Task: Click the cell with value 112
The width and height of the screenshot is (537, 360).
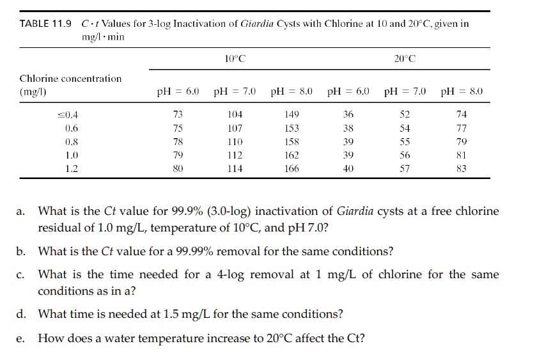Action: (x=235, y=155)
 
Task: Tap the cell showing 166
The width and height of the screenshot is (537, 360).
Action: (x=292, y=169)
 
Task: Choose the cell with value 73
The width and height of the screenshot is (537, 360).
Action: (x=178, y=115)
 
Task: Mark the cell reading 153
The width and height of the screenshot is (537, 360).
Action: (x=292, y=129)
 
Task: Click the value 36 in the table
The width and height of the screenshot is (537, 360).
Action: (x=348, y=115)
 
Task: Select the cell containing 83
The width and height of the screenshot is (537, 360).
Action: (x=462, y=169)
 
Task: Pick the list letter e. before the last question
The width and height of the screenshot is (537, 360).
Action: (x=22, y=338)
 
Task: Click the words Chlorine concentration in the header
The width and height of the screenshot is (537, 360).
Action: (x=70, y=79)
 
